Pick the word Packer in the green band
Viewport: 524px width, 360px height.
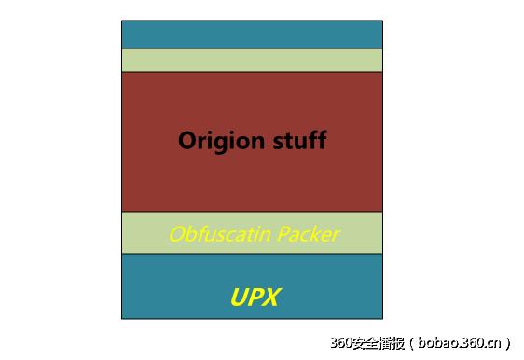(x=309, y=234)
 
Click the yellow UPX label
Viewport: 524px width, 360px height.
(x=255, y=298)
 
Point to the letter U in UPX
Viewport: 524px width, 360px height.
(x=239, y=298)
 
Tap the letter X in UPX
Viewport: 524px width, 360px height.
(x=272, y=298)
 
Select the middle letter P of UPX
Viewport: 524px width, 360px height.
(x=255, y=298)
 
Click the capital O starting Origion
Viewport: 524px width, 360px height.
(x=187, y=142)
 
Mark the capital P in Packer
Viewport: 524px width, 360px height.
(x=284, y=234)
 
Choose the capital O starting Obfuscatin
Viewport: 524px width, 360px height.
(x=176, y=234)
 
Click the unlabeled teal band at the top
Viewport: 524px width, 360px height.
(x=252, y=35)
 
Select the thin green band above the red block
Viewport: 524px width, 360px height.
(x=252, y=61)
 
